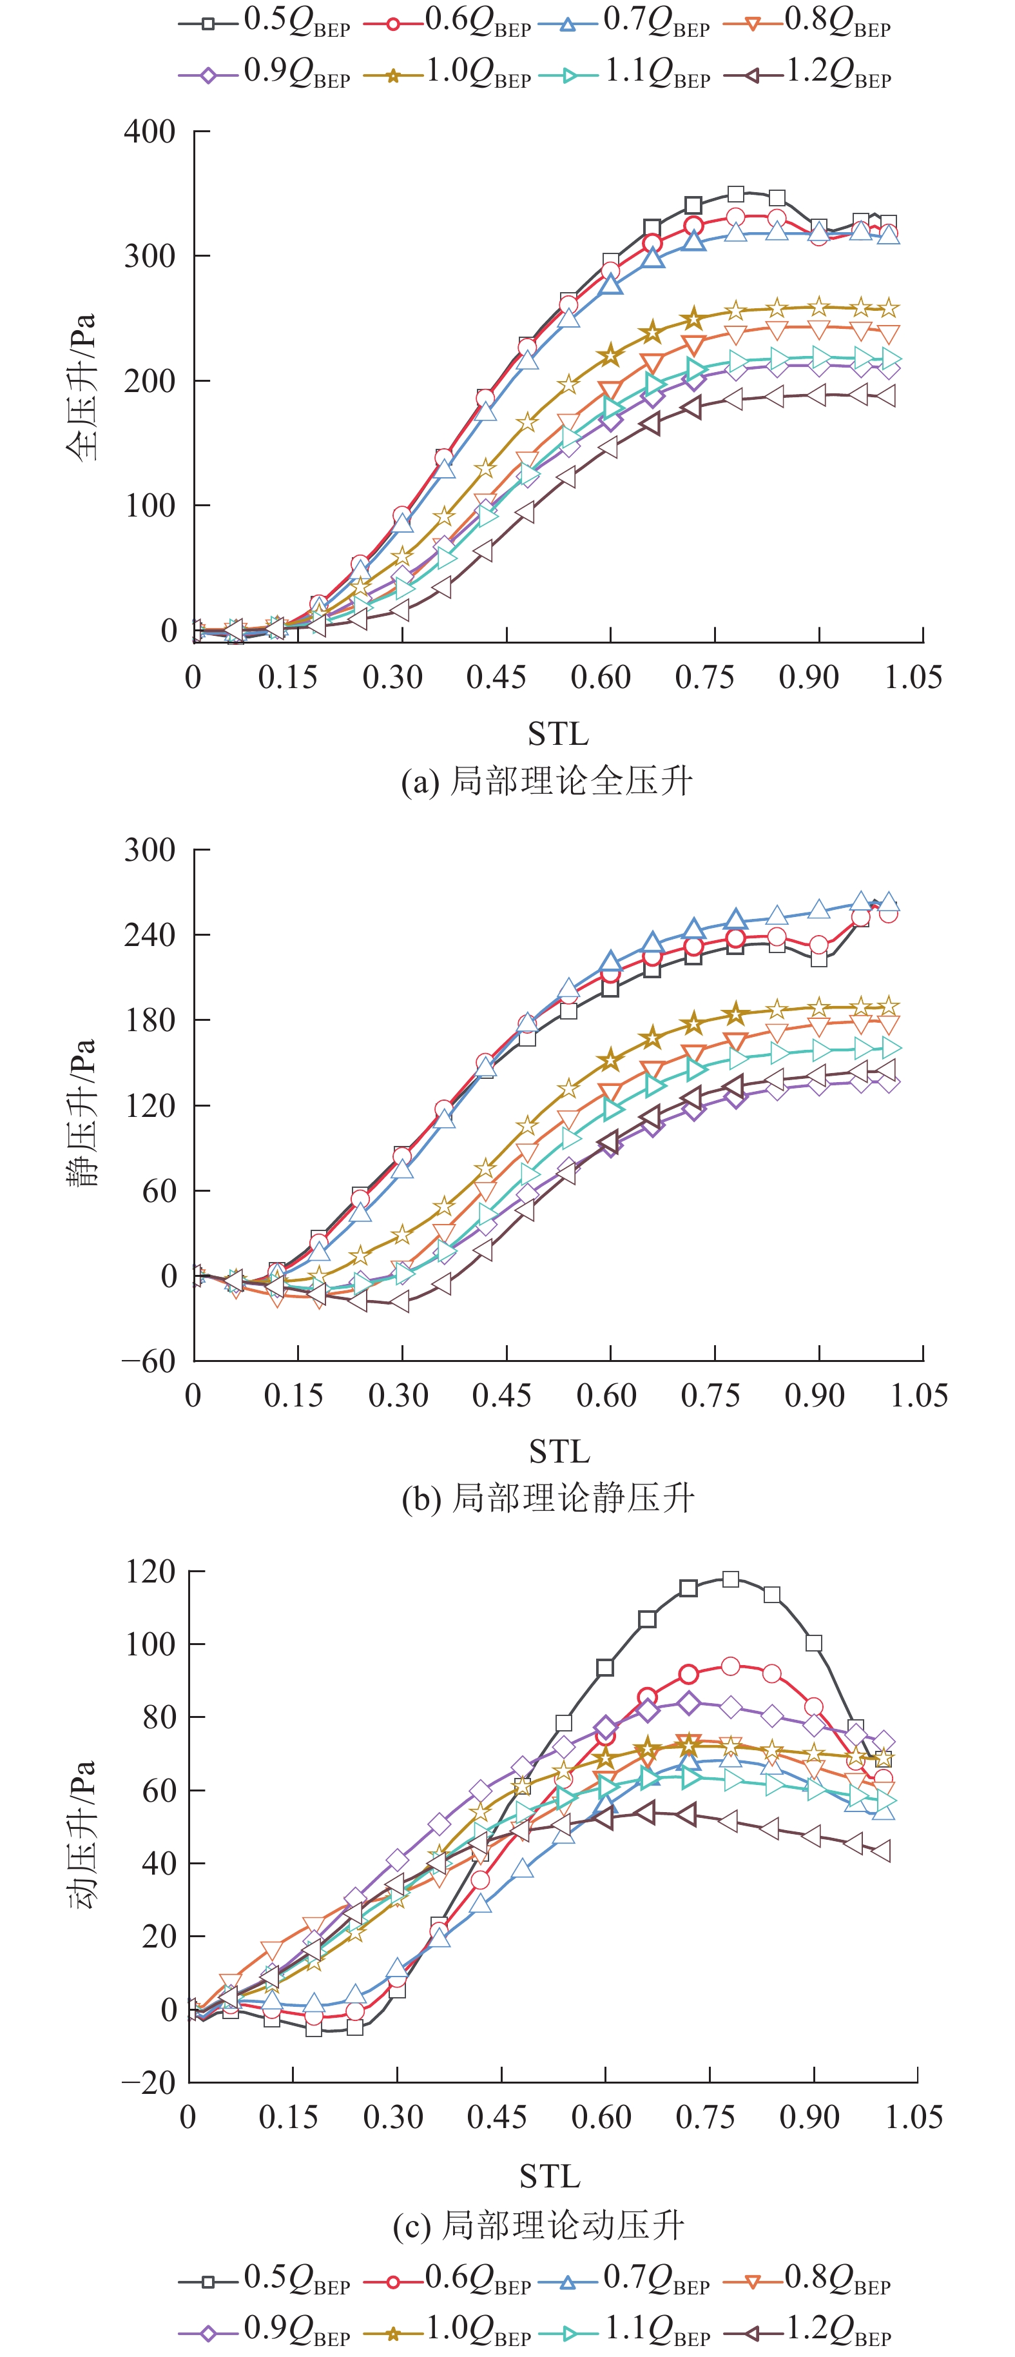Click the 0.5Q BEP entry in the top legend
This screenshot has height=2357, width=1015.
[x=265, y=23]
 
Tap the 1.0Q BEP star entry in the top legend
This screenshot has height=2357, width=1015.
[x=448, y=74]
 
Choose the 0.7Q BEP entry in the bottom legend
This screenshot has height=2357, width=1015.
[x=626, y=2278]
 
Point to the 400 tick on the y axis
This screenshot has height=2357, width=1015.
[x=150, y=132]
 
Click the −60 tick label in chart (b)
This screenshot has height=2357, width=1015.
[x=149, y=1361]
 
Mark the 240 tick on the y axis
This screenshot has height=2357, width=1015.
[x=150, y=935]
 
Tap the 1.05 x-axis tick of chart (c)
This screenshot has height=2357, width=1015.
[x=914, y=2116]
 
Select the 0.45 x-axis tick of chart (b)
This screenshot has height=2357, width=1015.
[x=501, y=1395]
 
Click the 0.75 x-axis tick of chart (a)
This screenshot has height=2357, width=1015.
[x=704, y=677]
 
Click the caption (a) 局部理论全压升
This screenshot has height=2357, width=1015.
[x=547, y=780]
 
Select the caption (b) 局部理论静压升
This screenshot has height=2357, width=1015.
[x=548, y=1498]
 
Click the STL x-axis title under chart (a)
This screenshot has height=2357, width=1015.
[x=558, y=734]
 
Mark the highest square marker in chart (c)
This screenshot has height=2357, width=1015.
[x=731, y=1579]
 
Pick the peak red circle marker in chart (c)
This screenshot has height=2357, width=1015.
[x=731, y=1666]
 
